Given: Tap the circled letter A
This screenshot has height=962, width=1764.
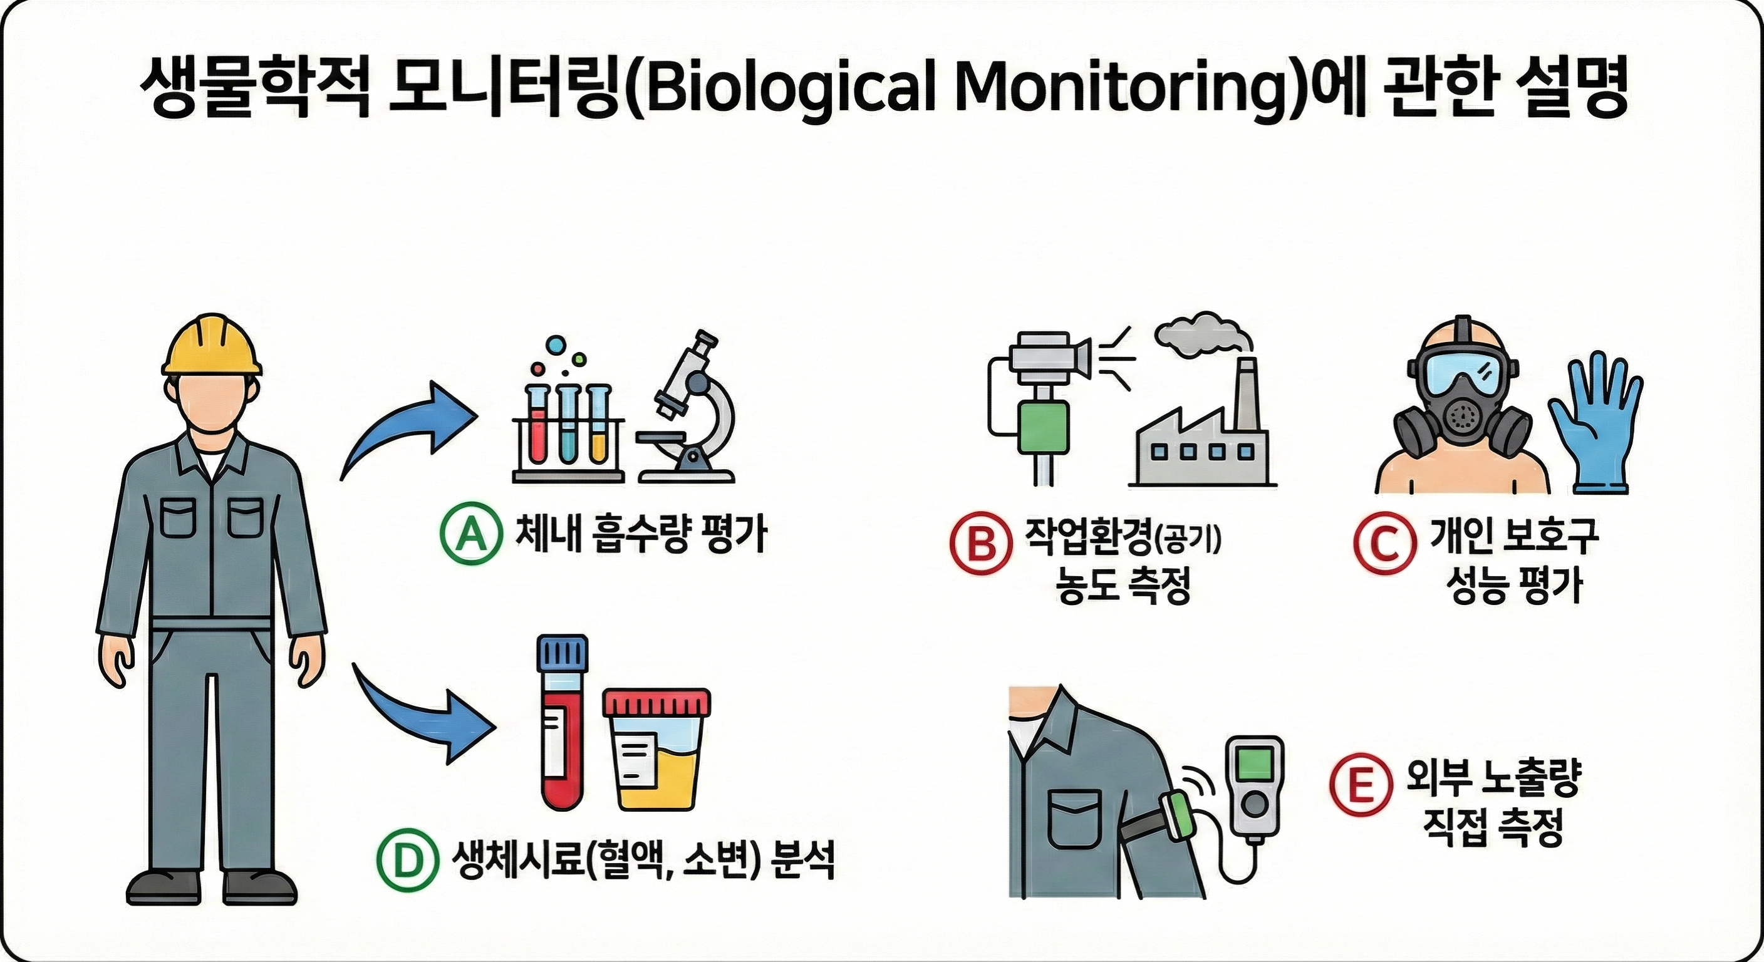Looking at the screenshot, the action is pyautogui.click(x=469, y=535).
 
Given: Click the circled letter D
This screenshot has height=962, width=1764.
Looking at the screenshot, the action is pyautogui.click(x=408, y=859).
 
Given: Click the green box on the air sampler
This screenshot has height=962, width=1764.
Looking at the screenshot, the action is pyautogui.click(x=1044, y=427).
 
